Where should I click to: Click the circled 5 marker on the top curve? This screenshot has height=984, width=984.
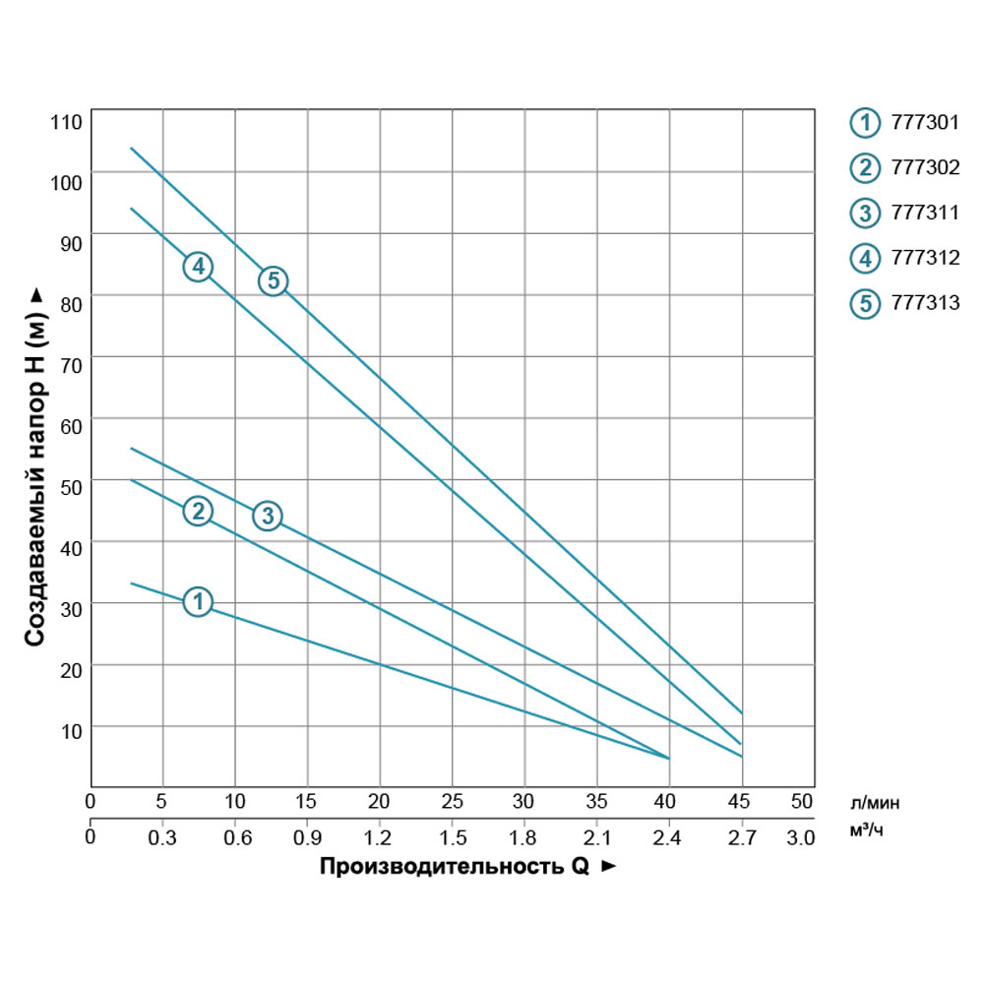tap(273, 280)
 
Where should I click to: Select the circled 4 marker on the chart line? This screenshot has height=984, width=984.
tap(198, 266)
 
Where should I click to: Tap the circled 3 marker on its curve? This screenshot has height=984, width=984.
tap(268, 515)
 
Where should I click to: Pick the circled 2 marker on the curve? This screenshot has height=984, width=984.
tap(198, 511)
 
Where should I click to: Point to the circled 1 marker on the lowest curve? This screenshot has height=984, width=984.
tap(198, 600)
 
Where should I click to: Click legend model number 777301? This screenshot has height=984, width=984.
tap(924, 123)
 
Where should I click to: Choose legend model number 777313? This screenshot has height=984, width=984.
tap(924, 303)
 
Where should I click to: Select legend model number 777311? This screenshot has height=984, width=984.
tap(924, 214)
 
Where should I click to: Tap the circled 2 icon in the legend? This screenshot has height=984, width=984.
tap(865, 168)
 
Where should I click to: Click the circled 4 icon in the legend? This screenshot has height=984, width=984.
tap(865, 259)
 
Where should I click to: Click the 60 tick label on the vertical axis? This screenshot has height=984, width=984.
tap(69, 419)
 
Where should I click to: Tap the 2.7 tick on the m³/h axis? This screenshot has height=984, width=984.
tap(741, 838)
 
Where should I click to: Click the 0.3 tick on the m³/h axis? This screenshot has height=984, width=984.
tap(161, 838)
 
